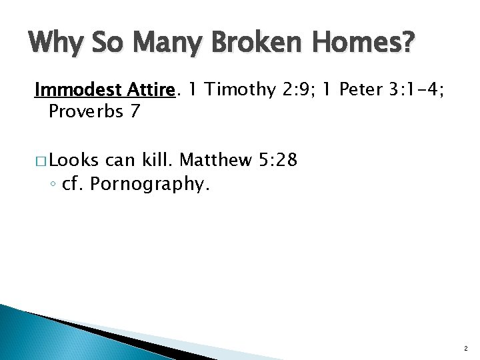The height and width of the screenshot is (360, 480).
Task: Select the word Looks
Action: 73,160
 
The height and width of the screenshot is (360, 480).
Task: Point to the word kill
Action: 157,160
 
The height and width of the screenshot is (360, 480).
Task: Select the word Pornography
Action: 150,183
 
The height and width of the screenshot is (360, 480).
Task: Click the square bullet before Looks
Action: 40,161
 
